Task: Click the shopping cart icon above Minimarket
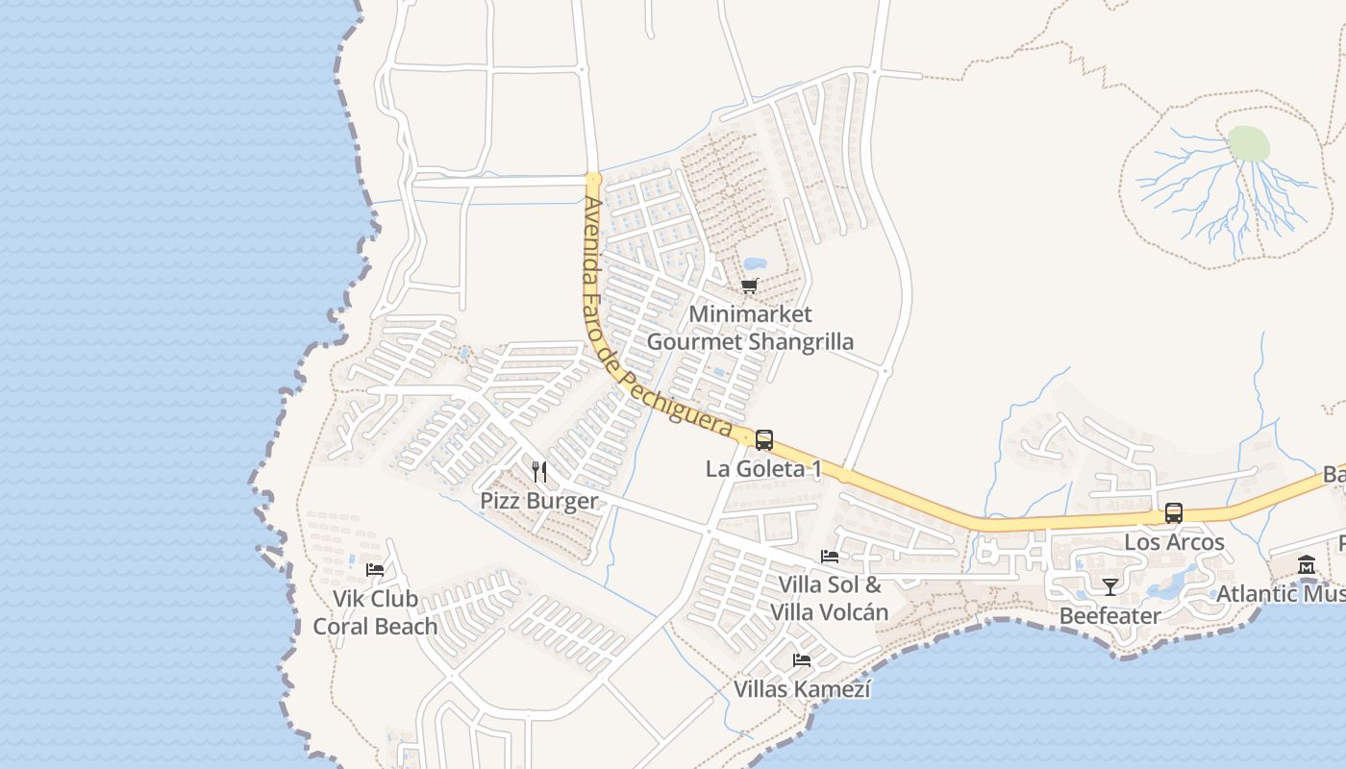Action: [750, 285]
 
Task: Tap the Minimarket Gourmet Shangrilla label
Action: [750, 328]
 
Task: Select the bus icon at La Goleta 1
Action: [764, 440]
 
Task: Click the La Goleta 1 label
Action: [764, 469]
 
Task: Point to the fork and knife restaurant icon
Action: [539, 472]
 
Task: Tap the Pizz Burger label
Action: [539, 501]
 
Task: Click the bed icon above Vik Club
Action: [375, 569]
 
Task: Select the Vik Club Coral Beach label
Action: [375, 612]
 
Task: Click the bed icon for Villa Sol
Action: [830, 556]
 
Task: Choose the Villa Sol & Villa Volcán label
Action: [829, 598]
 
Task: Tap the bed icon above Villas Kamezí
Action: [802, 660]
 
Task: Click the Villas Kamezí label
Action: [802, 689]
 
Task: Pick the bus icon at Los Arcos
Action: [1174, 513]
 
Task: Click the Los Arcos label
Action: [1174, 542]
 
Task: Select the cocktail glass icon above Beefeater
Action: [1110, 586]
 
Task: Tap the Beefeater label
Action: [1110, 615]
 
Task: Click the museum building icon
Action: [1307, 565]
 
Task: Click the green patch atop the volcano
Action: [1249, 144]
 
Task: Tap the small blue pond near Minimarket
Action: [755, 263]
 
